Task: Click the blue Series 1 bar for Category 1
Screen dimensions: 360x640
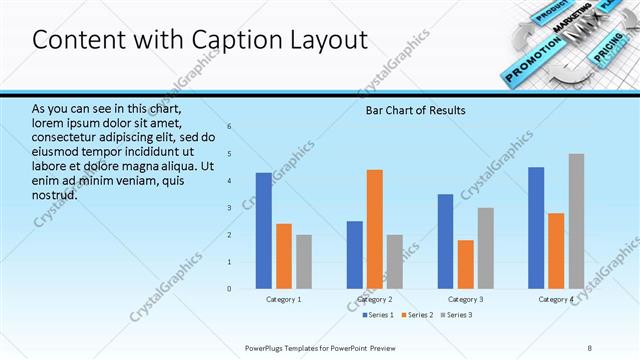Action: coord(263,231)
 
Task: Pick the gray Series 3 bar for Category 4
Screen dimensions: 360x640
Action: coord(577,221)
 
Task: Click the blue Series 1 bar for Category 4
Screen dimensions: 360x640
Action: coord(536,228)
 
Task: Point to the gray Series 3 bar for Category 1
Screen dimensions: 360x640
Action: coord(304,262)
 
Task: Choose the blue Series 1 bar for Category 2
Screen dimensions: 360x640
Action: coord(355,255)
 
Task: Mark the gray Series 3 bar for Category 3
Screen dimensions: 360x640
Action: coord(486,248)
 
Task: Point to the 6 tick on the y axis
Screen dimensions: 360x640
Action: coord(230,127)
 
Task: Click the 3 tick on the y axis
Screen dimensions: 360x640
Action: coord(230,208)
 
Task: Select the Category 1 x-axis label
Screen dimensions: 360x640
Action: coord(284,300)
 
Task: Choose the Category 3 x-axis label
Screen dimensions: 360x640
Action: coord(466,300)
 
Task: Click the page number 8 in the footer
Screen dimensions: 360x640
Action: coord(590,347)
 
